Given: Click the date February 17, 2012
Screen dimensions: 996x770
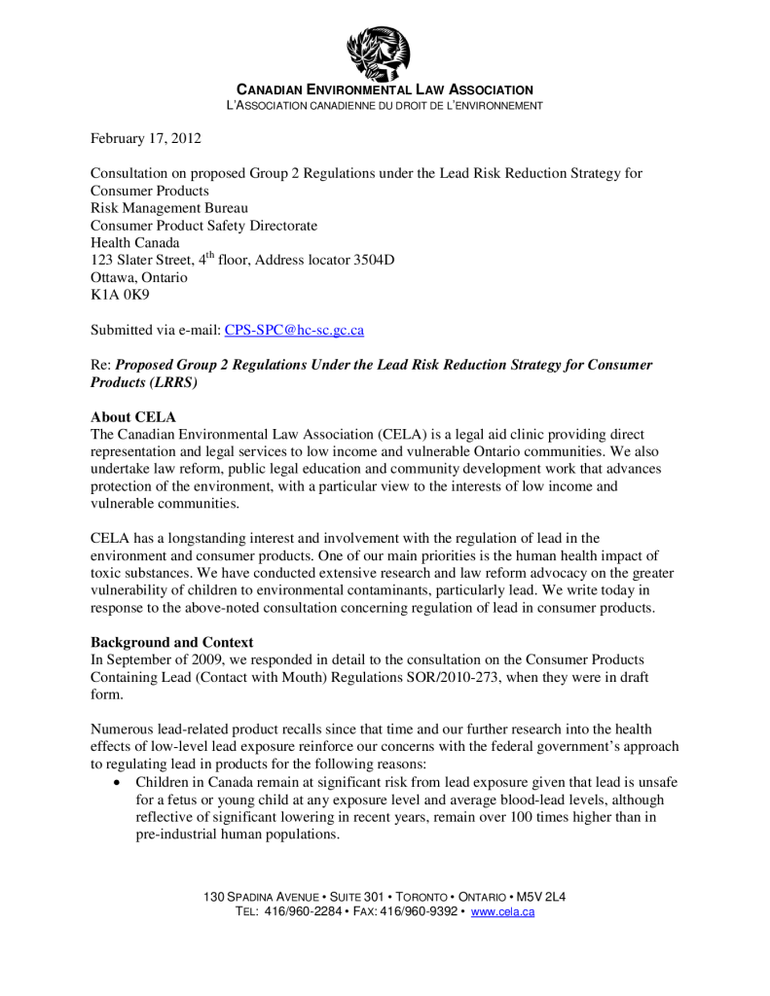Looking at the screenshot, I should click(146, 139).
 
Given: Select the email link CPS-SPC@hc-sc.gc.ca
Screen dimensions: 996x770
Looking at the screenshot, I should click(294, 330).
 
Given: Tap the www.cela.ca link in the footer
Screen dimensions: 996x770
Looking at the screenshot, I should click(502, 911).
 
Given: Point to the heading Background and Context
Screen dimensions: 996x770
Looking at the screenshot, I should click(171, 643).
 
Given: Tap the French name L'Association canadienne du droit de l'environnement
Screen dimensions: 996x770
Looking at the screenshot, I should click(384, 105).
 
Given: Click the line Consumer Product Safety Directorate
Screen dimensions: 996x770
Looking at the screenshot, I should click(203, 226).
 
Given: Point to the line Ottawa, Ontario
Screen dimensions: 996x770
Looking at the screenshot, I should click(139, 277).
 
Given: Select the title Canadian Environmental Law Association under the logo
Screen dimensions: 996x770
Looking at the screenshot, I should click(385, 89).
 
